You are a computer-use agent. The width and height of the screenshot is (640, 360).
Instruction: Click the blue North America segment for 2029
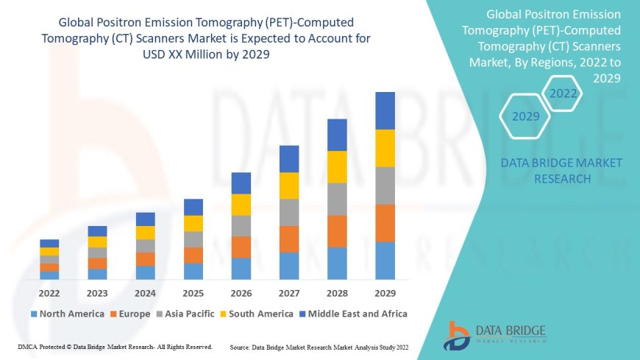[x=385, y=261]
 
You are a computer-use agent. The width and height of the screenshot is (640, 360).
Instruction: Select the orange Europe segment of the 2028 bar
[x=337, y=231]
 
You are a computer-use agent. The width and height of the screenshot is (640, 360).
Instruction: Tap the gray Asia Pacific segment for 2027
[x=289, y=212]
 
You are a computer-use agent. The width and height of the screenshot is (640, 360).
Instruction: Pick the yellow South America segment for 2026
[x=241, y=205]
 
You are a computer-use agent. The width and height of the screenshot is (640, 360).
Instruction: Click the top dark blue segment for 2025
[x=193, y=207]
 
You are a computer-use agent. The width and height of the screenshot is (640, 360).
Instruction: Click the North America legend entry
[x=67, y=314]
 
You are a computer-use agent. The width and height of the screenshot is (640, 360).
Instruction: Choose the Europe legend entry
[x=131, y=314]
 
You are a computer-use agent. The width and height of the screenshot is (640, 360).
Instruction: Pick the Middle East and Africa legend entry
[x=356, y=314]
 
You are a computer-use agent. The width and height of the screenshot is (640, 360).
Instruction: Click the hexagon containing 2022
[x=563, y=93]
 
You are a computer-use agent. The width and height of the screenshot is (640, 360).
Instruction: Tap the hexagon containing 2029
[x=525, y=116]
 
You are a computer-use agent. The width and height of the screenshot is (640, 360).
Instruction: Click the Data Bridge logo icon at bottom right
[x=457, y=335]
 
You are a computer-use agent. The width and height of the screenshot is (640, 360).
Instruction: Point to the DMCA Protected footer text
[x=115, y=346]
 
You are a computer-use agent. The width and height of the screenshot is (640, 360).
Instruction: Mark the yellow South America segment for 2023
[x=97, y=241]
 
